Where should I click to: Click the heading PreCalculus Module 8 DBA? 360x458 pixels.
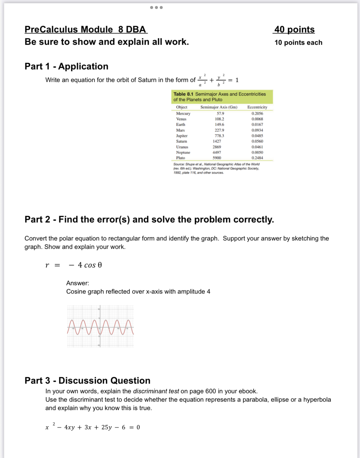click(x=86, y=29)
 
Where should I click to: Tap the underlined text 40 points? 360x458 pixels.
click(x=294, y=29)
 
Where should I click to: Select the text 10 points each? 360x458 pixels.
click(x=298, y=43)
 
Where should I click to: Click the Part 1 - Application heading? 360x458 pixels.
click(x=66, y=66)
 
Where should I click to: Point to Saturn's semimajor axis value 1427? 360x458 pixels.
click(x=217, y=141)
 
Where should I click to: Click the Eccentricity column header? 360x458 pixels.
click(x=257, y=107)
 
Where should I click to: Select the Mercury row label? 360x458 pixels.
click(x=183, y=113)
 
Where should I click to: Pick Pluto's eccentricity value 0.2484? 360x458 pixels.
click(x=257, y=158)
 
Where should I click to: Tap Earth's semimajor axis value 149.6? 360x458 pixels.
click(x=219, y=125)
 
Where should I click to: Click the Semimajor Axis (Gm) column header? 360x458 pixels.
click(x=219, y=107)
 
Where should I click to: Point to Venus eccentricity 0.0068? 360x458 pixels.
click(x=257, y=119)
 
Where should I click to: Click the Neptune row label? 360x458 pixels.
click(x=183, y=152)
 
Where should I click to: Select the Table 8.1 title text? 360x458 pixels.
click(x=219, y=97)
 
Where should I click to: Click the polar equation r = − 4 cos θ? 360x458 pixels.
click(x=74, y=265)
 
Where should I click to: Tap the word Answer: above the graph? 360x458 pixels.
click(x=77, y=283)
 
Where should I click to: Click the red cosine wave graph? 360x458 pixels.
click(x=100, y=327)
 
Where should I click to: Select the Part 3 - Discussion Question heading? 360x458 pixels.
click(x=87, y=381)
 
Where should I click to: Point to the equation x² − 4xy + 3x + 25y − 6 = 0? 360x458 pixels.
click(x=92, y=427)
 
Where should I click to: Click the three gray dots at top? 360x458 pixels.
click(x=156, y=8)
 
